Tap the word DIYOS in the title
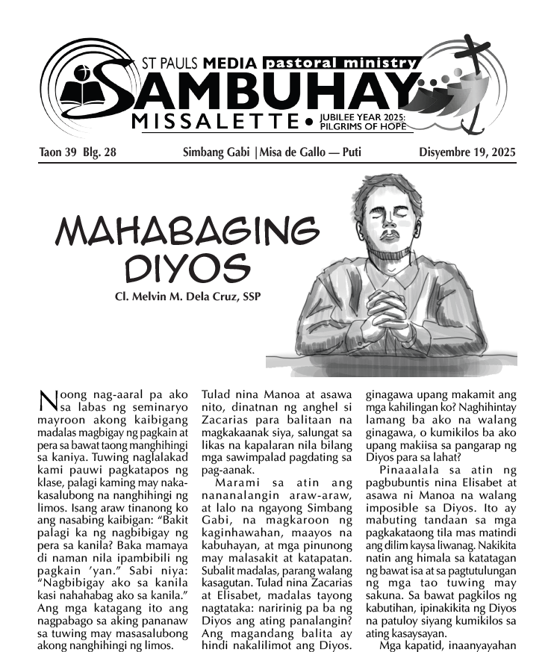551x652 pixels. click(x=186, y=267)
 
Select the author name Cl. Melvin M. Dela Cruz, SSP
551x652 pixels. click(x=187, y=296)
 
